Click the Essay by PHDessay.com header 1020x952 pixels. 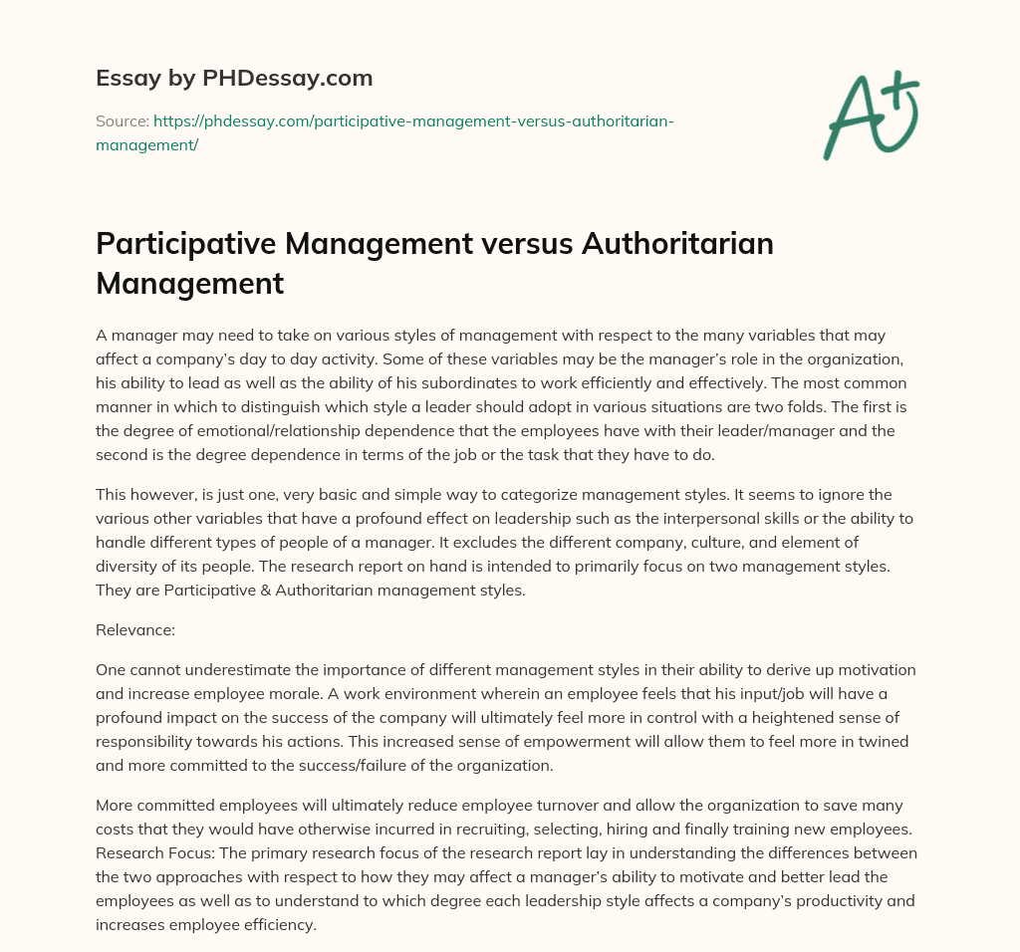click(233, 77)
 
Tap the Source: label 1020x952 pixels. click(121, 121)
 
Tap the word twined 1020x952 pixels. click(893, 741)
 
